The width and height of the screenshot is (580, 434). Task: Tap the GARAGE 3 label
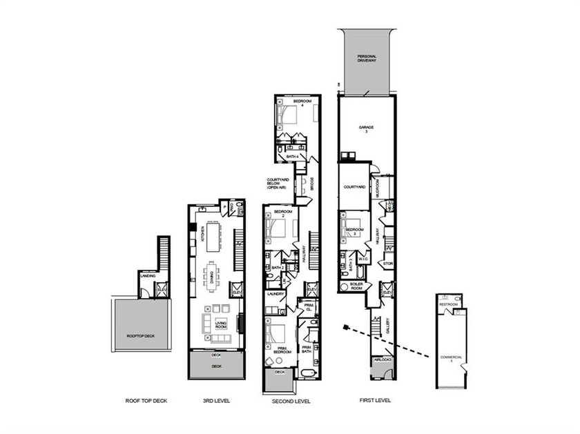point(367,129)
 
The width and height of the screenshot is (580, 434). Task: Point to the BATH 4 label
point(292,157)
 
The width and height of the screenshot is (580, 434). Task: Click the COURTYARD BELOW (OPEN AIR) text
point(278,183)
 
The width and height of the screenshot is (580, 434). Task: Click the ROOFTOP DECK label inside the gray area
point(140,336)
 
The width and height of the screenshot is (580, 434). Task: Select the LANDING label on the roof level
point(148,277)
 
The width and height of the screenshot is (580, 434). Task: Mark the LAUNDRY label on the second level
point(275,294)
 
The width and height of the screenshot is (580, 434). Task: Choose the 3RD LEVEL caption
point(216,401)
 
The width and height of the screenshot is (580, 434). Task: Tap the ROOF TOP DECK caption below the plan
point(146,401)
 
